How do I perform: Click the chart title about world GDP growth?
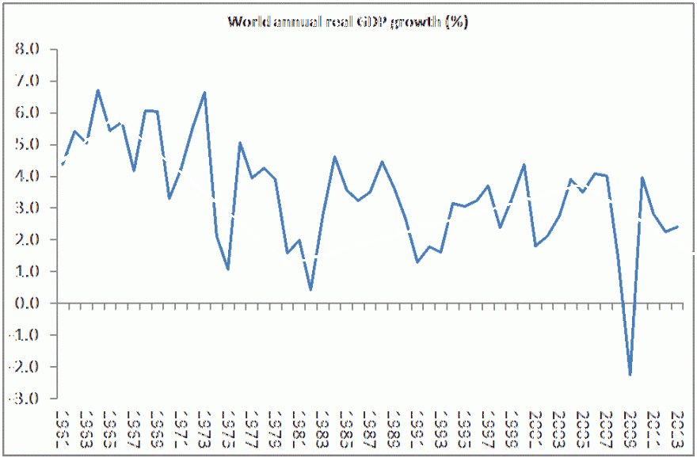(348, 21)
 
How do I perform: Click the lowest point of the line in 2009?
(630, 374)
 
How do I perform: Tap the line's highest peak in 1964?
(97, 90)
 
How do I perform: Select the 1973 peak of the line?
(204, 93)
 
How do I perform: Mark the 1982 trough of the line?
(310, 289)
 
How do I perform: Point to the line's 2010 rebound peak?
(642, 177)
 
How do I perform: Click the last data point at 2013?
(677, 227)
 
